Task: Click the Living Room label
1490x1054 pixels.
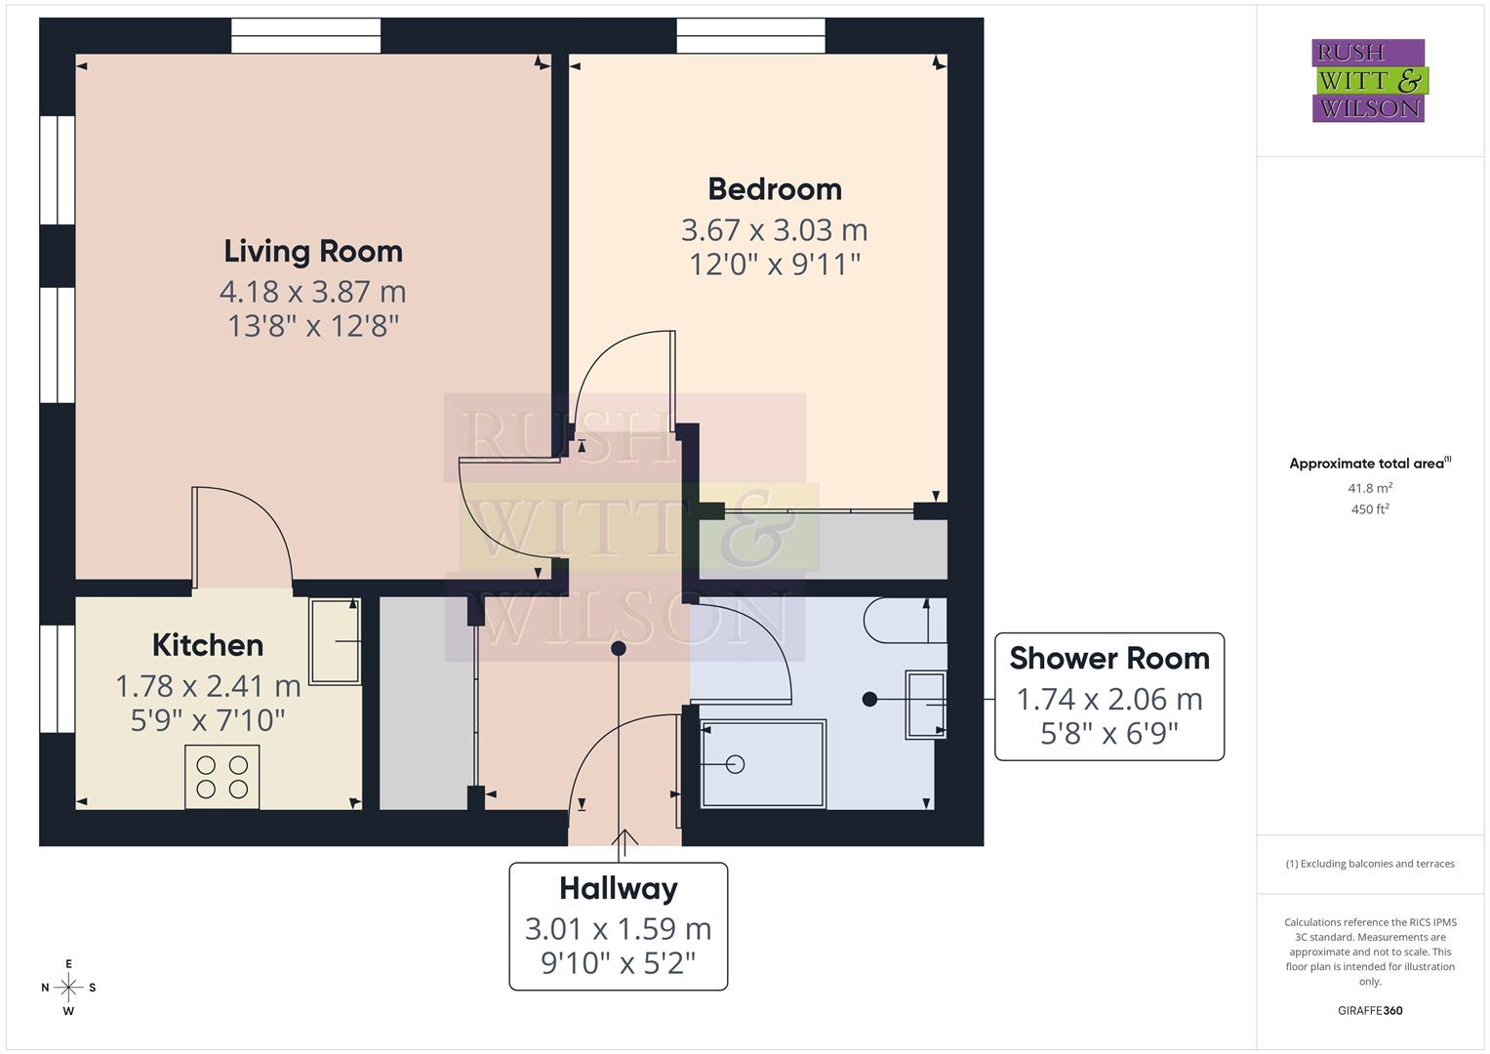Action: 313,251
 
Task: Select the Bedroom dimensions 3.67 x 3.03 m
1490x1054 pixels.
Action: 774,230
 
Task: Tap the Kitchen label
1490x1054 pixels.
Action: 208,645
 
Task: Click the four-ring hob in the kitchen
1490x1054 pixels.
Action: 222,777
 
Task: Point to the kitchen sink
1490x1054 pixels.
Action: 335,641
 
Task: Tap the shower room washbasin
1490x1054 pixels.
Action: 925,704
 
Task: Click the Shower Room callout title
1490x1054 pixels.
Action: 1108,659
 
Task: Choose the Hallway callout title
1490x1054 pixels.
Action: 618,888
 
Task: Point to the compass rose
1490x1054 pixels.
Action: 68,988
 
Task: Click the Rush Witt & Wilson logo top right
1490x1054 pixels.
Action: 1369,81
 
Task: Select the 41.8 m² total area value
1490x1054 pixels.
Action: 1369,488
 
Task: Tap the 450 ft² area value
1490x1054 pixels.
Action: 1369,509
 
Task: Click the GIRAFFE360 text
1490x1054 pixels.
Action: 1369,1010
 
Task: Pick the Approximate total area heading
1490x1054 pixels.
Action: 1369,464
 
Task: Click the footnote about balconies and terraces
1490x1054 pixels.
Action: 1369,864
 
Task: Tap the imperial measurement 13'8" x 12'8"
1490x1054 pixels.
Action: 313,326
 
